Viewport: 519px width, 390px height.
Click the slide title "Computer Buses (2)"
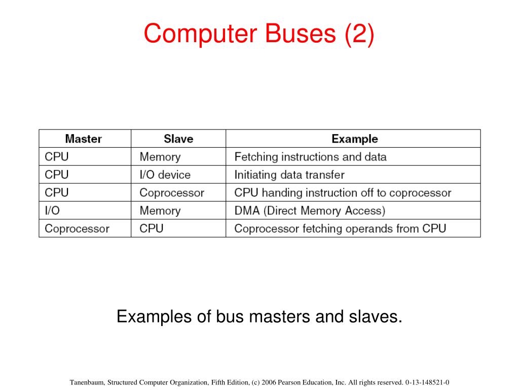click(259, 34)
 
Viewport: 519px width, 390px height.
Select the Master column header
click(84, 139)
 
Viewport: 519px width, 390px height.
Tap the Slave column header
click(178, 139)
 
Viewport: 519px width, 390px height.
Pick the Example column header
click(354, 139)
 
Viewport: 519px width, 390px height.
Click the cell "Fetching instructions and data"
click(310, 157)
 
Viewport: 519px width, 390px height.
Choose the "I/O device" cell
click(165, 175)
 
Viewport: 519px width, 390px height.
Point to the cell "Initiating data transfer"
click(289, 175)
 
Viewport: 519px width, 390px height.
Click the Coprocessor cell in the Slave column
click(172, 193)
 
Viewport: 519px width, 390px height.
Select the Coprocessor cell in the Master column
click(77, 229)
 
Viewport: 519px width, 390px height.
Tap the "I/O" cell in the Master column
click(52, 210)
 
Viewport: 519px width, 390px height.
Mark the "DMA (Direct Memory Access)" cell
click(310, 210)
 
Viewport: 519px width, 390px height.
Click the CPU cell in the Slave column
click(152, 229)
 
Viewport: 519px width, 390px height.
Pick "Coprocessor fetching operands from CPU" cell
click(340, 229)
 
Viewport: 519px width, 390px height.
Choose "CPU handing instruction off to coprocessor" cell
click(343, 193)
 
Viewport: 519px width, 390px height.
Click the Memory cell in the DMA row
click(160, 210)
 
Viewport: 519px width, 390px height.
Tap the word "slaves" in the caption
click(375, 317)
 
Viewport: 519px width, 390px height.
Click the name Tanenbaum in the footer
click(86, 382)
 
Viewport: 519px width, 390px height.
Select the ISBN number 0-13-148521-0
click(427, 382)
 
